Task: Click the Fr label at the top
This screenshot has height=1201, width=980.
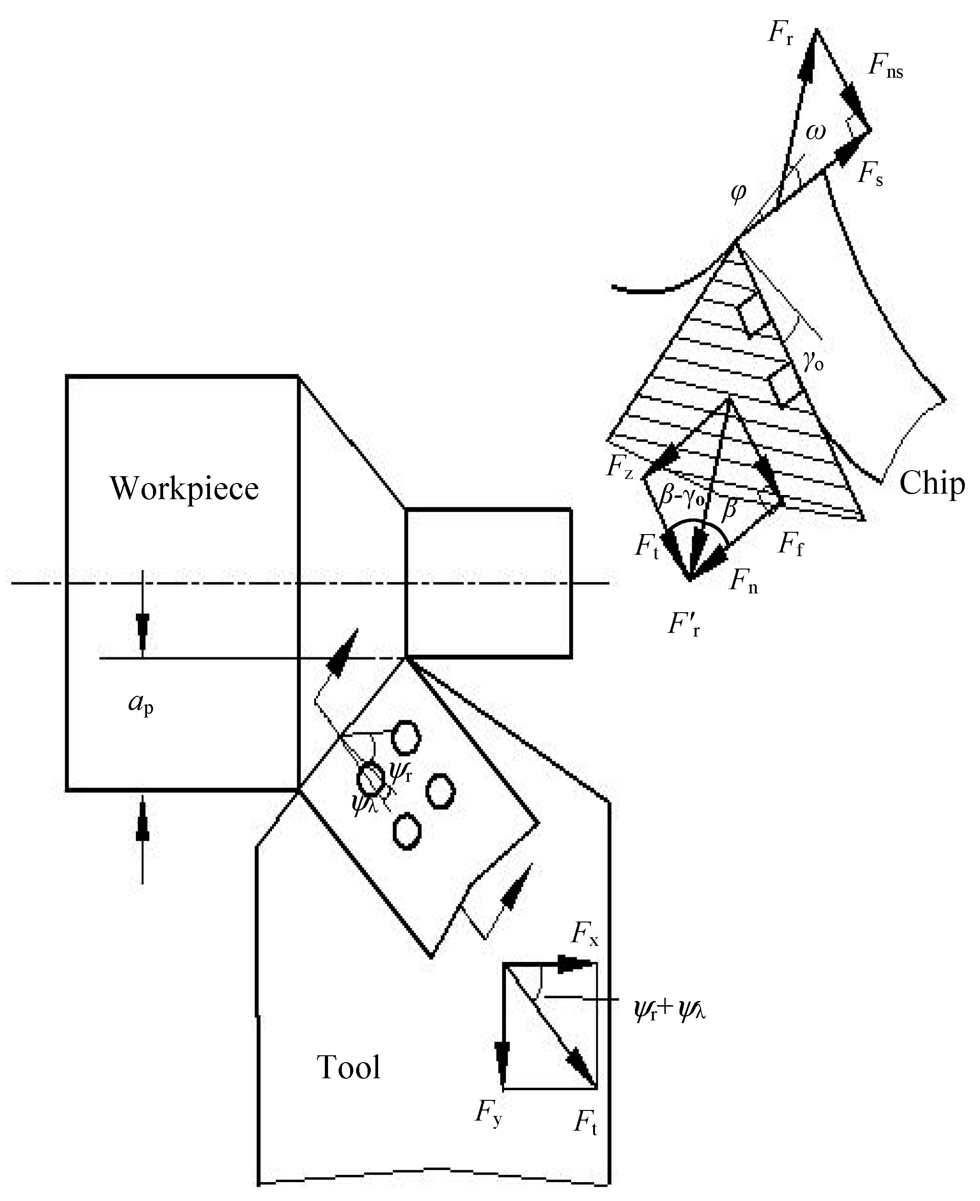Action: coord(781,33)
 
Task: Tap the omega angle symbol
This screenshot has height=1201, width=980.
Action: coord(816,131)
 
